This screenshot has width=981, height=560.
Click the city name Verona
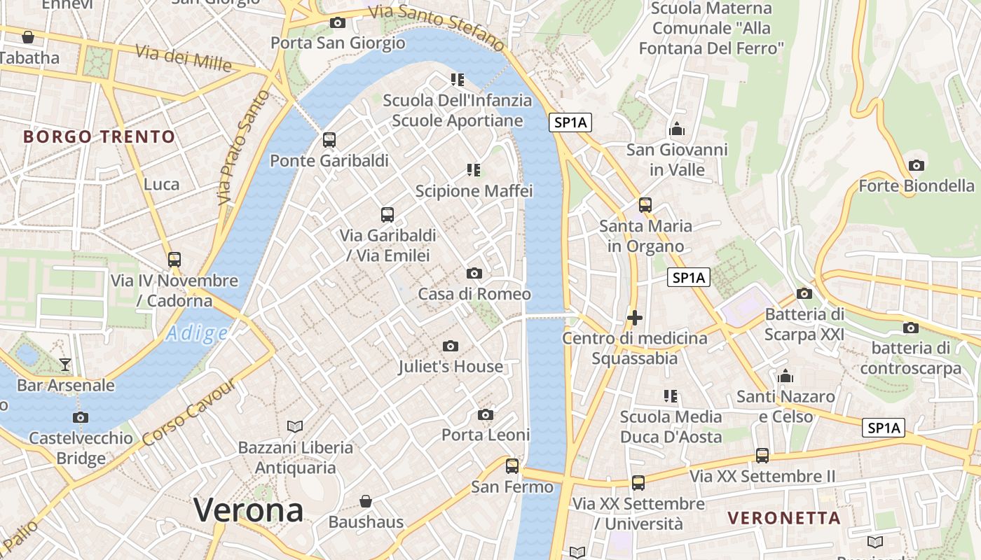[x=248, y=510]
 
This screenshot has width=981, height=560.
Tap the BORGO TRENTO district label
[x=99, y=136]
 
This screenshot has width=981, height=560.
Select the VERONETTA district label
[x=783, y=518]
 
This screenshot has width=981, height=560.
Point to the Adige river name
[x=197, y=334]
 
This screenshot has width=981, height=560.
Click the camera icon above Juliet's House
[x=451, y=346]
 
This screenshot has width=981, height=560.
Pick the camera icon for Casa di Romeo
[x=474, y=273]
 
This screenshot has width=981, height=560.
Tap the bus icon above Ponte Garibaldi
[x=329, y=139]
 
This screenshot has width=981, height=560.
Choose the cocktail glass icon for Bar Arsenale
[x=65, y=364]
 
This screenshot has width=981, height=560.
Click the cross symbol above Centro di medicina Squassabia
[x=635, y=318]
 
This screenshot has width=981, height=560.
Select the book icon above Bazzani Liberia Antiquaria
[x=295, y=426]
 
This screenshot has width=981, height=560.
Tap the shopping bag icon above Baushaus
[x=366, y=501]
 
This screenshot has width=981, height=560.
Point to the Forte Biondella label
[x=916, y=186]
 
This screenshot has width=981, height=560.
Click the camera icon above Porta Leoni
[x=485, y=415]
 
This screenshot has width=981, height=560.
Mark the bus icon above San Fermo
[x=512, y=465]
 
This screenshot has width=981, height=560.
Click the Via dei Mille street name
[x=184, y=58]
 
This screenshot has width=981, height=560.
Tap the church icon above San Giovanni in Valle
[x=677, y=129]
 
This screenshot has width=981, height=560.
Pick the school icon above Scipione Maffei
[x=474, y=169]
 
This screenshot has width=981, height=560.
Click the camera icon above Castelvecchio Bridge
[x=81, y=418]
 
